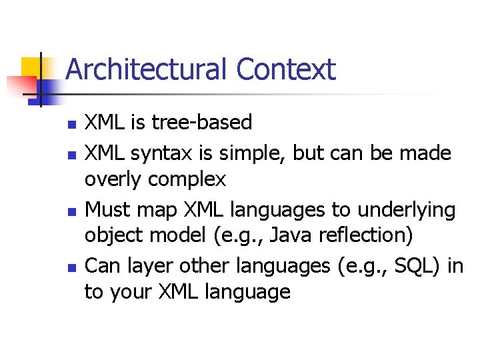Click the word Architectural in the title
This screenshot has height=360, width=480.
(146, 69)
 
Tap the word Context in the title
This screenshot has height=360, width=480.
(285, 69)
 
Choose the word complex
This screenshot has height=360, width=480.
(187, 179)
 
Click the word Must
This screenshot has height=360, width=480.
(109, 210)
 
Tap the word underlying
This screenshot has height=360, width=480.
(406, 210)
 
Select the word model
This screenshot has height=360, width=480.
(179, 235)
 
